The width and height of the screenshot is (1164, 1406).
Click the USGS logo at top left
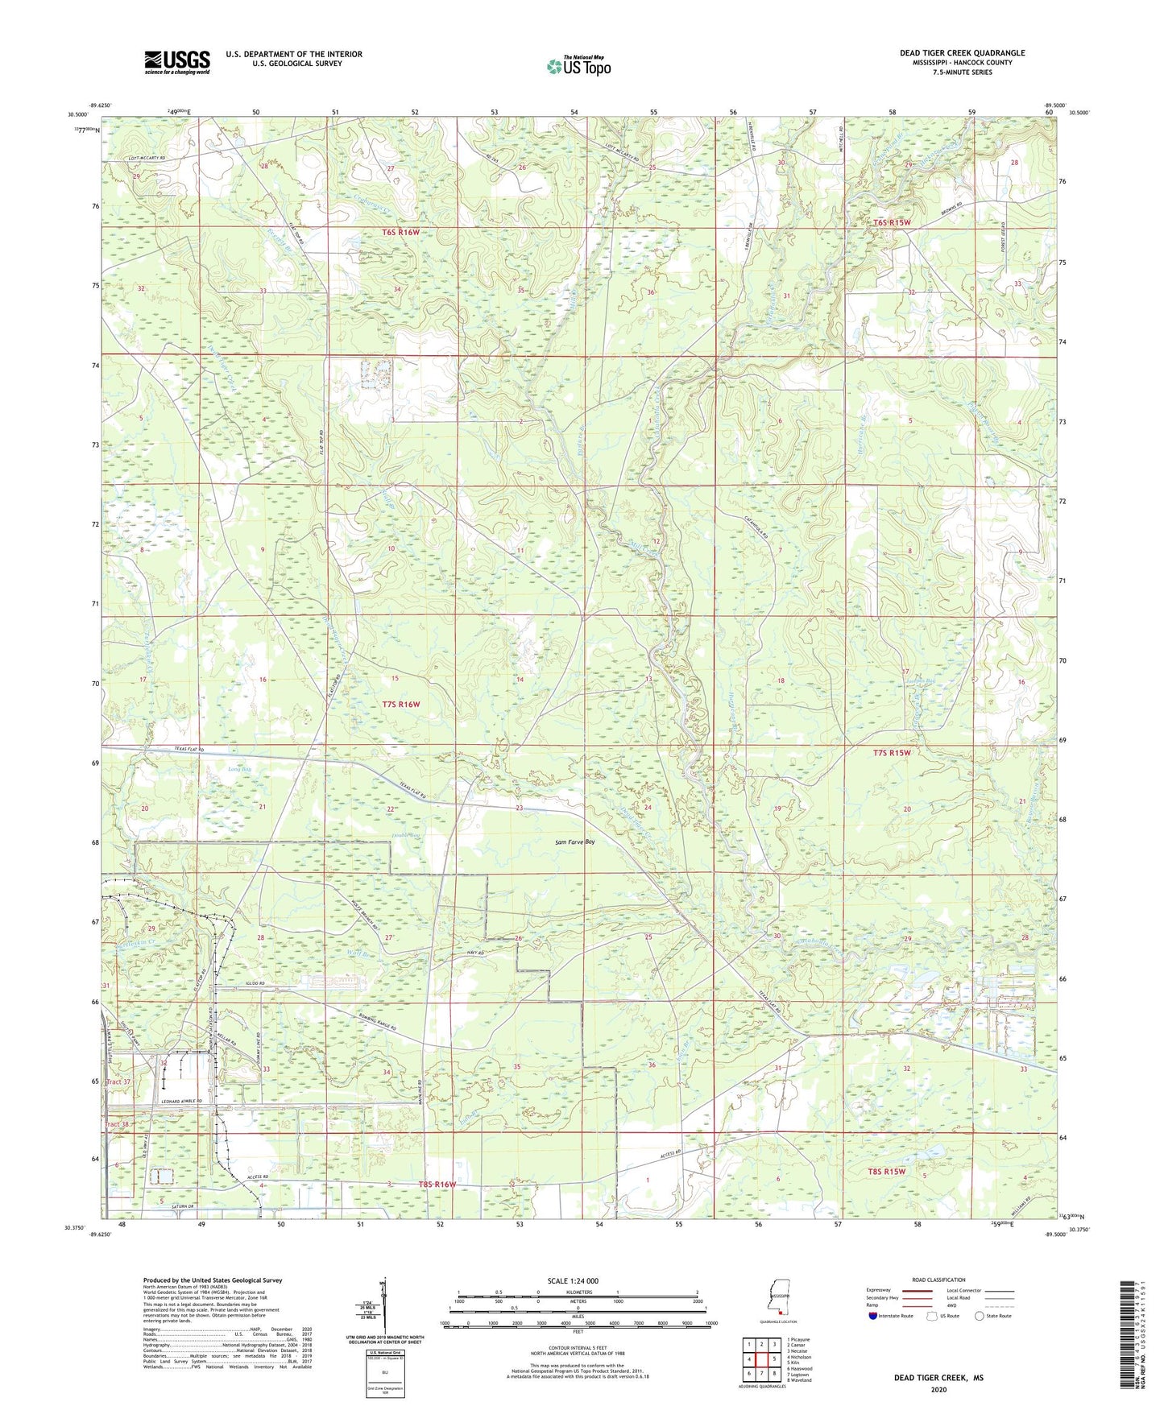(176, 62)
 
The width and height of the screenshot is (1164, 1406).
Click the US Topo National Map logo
(577, 66)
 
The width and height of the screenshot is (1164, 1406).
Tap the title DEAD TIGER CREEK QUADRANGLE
(962, 53)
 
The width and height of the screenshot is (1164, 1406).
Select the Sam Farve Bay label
(575, 842)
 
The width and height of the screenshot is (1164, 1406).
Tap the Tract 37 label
(118, 1082)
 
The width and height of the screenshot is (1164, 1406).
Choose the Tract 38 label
(117, 1124)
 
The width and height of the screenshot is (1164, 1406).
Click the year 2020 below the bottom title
(938, 1389)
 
